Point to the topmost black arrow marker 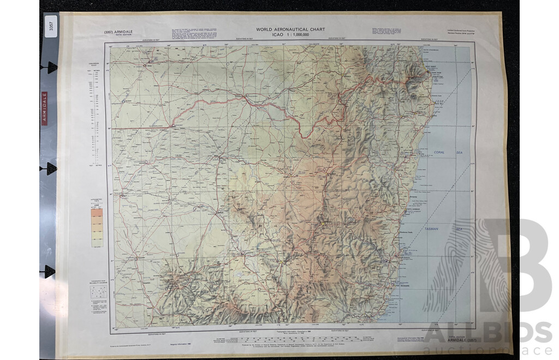[51, 67]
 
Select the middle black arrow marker [51, 169]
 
